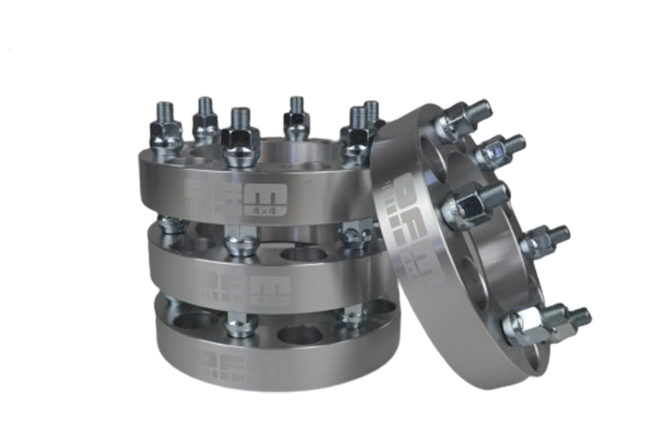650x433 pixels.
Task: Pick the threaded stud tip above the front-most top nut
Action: coord(238,116)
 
